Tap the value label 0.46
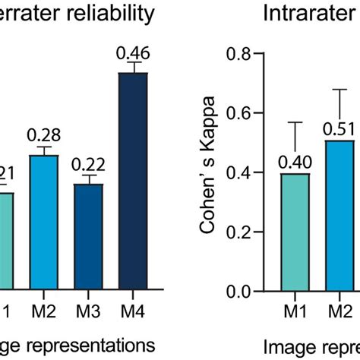pos(132,53)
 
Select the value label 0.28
pos(44,135)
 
